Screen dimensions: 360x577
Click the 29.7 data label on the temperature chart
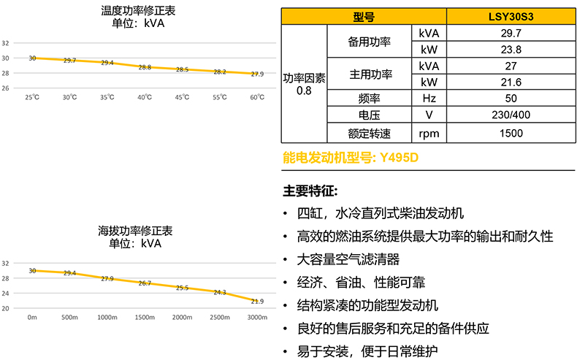(69, 61)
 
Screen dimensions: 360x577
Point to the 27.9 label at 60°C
(257, 74)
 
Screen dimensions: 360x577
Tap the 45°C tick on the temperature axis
(182, 98)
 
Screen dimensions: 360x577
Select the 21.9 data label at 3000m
(257, 301)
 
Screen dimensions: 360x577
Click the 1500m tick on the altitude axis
(145, 318)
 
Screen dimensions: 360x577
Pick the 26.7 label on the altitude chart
(145, 283)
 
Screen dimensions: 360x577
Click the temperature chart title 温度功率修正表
(139, 11)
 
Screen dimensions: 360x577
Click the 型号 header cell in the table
(364, 17)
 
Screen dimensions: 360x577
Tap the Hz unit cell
(429, 99)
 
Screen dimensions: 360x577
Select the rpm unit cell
(429, 133)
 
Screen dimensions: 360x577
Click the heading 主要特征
(310, 191)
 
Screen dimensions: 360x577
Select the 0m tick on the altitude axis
(32, 318)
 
